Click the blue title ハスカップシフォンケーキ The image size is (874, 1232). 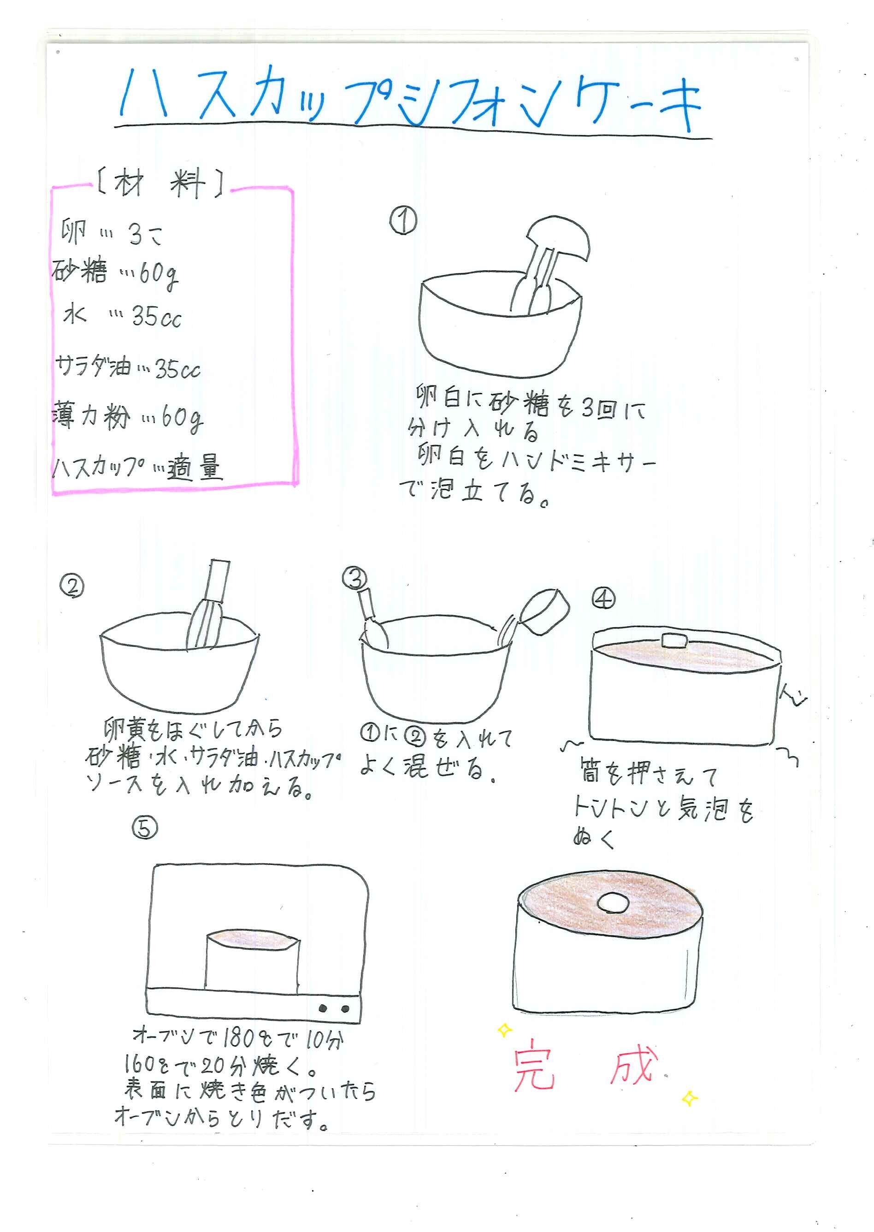tap(412, 100)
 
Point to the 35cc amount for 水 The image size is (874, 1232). tap(157, 316)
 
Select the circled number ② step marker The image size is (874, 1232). tap(72, 586)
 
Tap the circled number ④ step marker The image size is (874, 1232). tap(603, 598)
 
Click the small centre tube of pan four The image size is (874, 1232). tap(675, 640)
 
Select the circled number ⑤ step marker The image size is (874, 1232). tap(145, 828)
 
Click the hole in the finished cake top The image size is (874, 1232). tap(613, 903)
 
